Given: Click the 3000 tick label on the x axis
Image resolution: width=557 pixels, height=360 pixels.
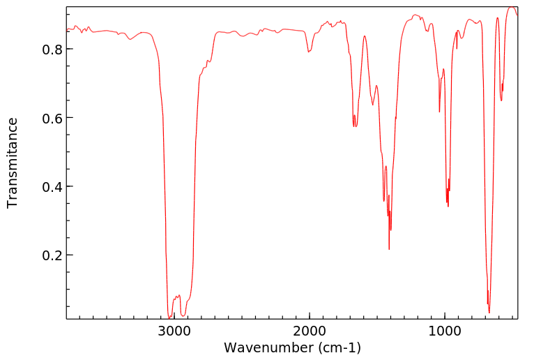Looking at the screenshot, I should pyautogui.click(x=174, y=331).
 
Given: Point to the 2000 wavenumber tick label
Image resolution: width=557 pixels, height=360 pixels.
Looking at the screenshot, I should pyautogui.click(x=309, y=331).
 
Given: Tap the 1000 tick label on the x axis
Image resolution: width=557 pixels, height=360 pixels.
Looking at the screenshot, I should pyautogui.click(x=444, y=331).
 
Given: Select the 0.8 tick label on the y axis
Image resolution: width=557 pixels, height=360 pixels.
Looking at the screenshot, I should pyautogui.click(x=53, y=50).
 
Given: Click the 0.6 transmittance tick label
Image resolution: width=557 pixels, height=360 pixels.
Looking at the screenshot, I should pyautogui.click(x=53, y=118).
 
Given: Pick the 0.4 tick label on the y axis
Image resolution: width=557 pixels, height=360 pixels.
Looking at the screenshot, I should pyautogui.click(x=53, y=187).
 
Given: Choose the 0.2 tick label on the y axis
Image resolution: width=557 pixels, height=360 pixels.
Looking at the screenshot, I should pyautogui.click(x=53, y=255).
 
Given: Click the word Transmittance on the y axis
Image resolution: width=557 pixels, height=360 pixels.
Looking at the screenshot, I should pyautogui.click(x=13, y=163).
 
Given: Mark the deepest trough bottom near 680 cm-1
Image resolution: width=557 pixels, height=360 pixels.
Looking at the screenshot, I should pyautogui.click(x=489, y=312).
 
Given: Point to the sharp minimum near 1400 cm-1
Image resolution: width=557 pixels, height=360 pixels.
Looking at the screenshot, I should pyautogui.click(x=389, y=249).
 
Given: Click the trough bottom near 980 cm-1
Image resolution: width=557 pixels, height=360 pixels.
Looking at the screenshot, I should pyautogui.click(x=448, y=206).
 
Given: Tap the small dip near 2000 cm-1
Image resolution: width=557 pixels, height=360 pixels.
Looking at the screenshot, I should pyautogui.click(x=309, y=52).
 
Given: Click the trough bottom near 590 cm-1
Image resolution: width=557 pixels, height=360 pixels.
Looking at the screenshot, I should pyautogui.click(x=501, y=100).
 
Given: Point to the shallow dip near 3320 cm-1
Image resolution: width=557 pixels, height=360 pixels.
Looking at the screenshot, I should pyautogui.click(x=130, y=39).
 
